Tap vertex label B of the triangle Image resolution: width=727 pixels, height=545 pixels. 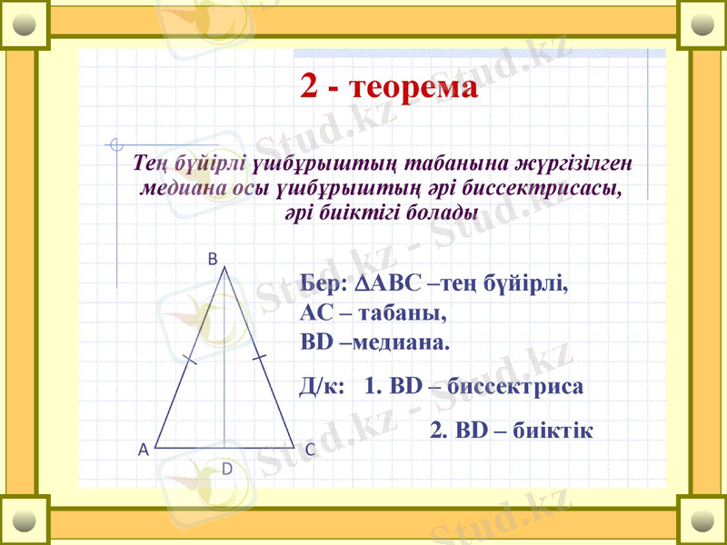click(x=212, y=259)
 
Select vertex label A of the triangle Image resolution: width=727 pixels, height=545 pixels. click(x=143, y=450)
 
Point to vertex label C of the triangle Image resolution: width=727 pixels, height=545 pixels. click(x=310, y=450)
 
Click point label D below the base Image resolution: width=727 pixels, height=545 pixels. click(x=227, y=469)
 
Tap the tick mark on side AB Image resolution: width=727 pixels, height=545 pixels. click(x=190, y=361)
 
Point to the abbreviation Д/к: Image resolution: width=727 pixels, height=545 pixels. click(x=321, y=386)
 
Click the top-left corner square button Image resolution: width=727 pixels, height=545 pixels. click(x=25, y=25)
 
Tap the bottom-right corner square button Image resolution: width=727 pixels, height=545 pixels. click(x=702, y=520)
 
